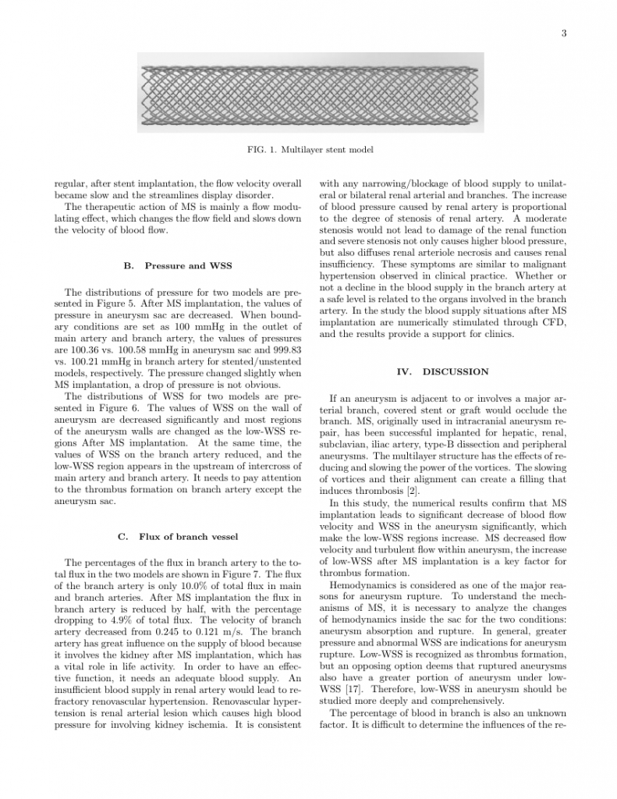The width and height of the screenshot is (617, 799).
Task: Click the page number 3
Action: point(562,32)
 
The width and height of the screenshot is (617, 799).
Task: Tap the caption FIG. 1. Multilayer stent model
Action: point(308,149)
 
